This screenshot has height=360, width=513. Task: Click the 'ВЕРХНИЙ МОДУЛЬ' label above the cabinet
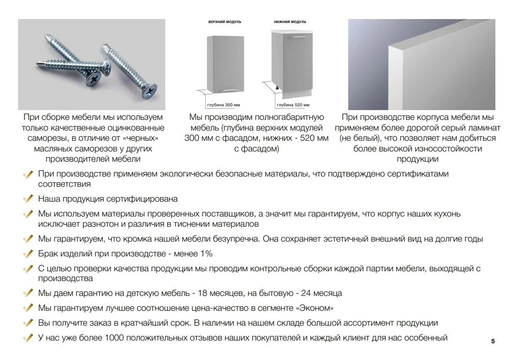225,22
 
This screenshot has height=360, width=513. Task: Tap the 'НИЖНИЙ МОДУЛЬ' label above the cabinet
290,22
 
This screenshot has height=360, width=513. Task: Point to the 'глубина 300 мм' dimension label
223,105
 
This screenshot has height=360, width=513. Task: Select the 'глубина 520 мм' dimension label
293,105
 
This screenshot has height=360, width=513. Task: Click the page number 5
493,341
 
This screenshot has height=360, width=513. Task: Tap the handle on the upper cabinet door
229,89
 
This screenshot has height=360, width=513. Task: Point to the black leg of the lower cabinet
278,88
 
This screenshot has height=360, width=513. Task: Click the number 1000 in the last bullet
114,338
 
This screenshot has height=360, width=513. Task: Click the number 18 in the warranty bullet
202,293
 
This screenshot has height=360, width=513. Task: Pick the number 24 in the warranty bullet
306,293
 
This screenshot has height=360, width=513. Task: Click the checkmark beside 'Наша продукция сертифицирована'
28,199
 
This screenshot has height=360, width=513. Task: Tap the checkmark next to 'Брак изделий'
28,254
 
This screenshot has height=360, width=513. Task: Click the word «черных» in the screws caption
141,138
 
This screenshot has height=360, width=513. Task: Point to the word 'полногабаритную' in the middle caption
289,118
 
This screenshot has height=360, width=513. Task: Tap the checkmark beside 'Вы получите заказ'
28,323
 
